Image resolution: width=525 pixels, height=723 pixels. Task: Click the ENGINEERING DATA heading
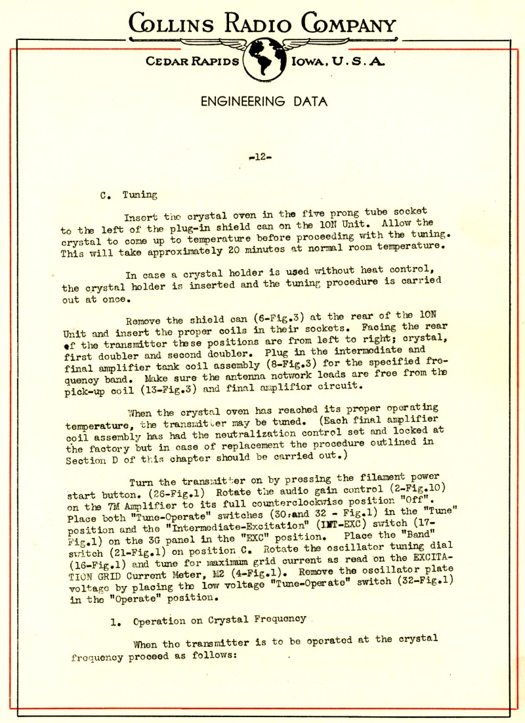click(x=263, y=102)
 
